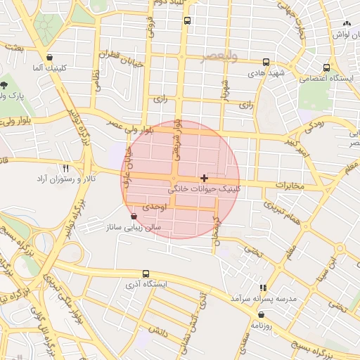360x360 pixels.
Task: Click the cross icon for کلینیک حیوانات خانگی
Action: click(x=204, y=179)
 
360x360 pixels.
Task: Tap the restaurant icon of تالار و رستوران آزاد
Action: click(x=66, y=169)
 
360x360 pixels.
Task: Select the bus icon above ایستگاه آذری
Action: click(x=146, y=274)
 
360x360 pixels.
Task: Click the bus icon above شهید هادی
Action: click(x=265, y=62)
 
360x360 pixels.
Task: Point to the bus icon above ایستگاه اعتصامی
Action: click(x=326, y=67)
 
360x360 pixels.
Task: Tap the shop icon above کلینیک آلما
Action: click(x=49, y=58)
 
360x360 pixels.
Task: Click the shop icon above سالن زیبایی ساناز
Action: click(x=134, y=217)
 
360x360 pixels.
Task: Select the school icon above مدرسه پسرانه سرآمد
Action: click(x=263, y=288)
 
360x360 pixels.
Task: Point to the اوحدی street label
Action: click(x=154, y=208)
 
